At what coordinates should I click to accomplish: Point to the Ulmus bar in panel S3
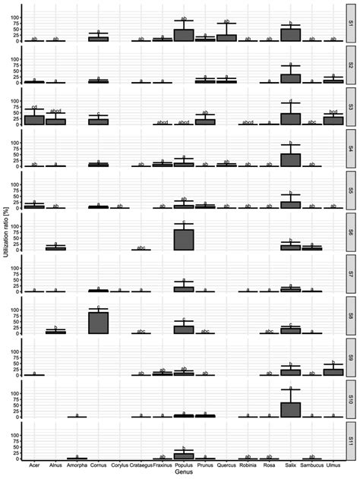point(333,120)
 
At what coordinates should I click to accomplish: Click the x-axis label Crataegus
point(141,465)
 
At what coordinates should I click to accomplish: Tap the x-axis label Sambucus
point(312,465)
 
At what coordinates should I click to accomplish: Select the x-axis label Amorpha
point(77,465)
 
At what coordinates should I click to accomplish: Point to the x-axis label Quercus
point(226,465)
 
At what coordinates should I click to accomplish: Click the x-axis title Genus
point(183,473)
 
